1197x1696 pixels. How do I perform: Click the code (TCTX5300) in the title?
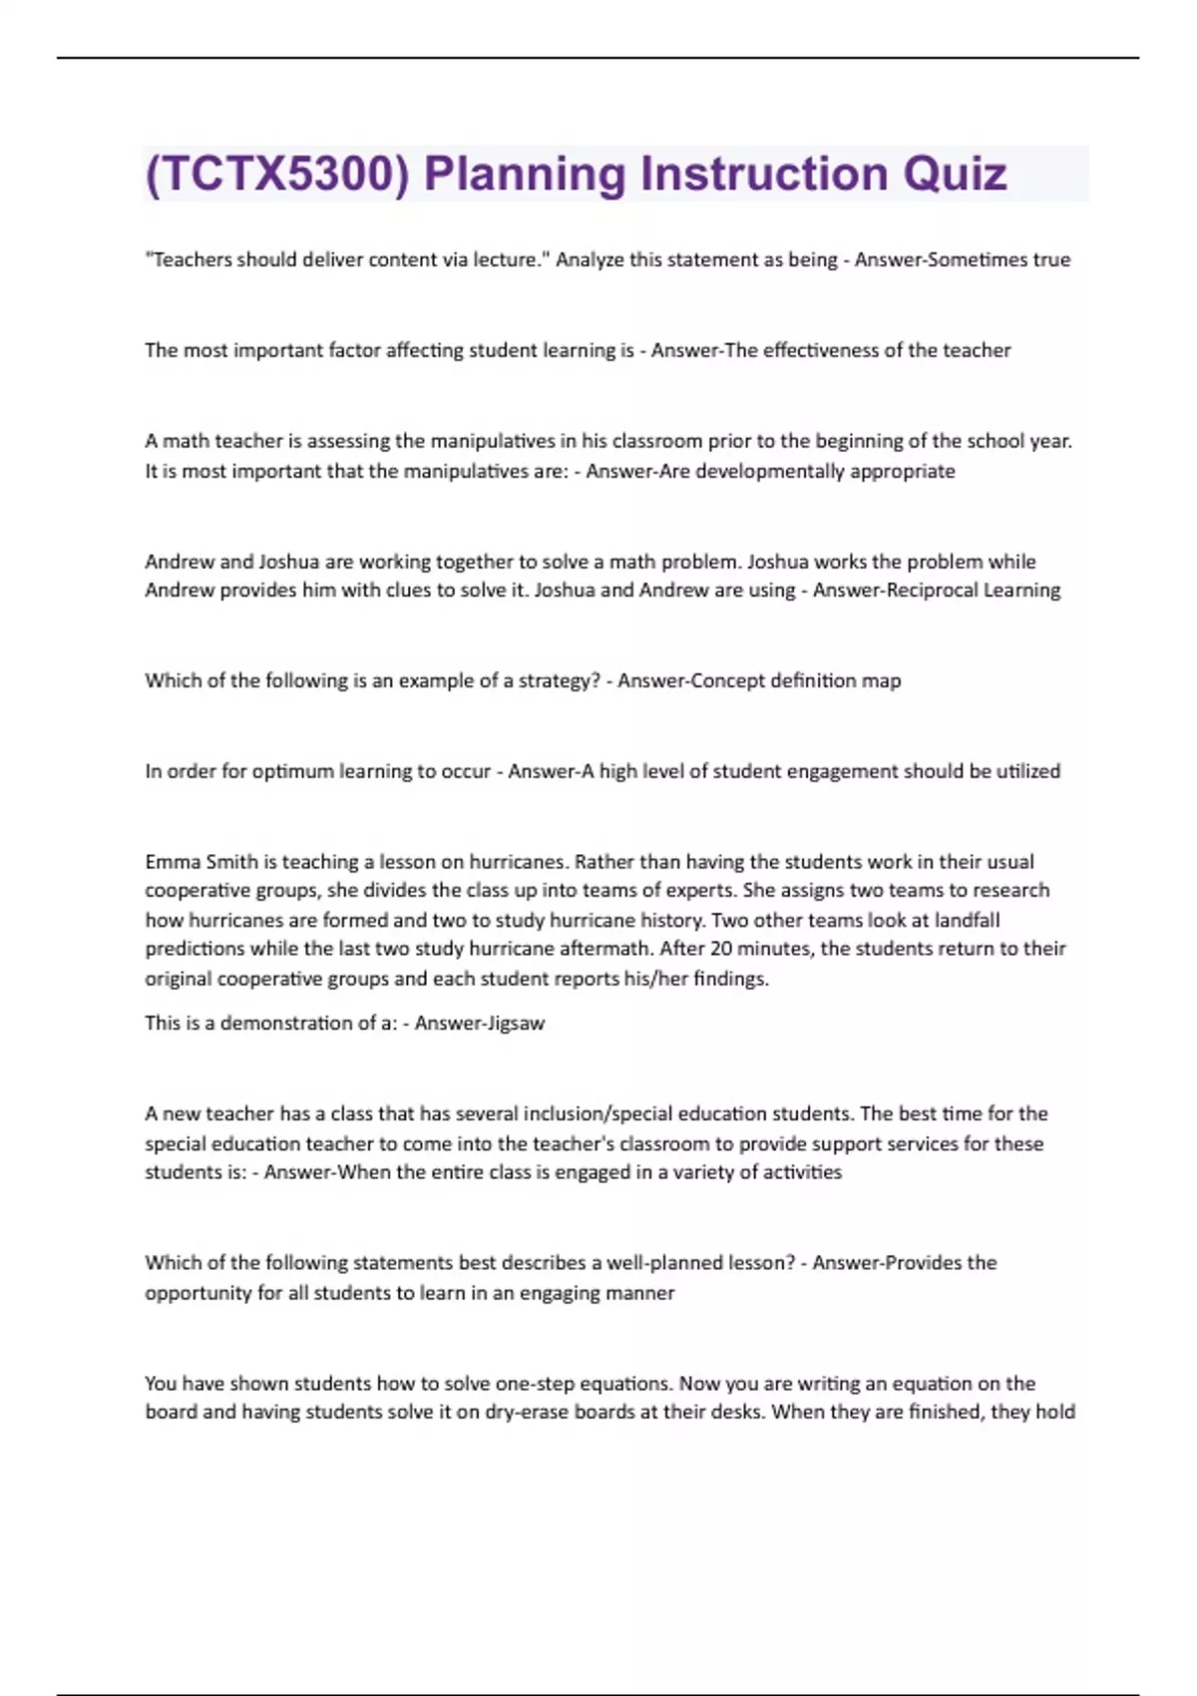click(x=276, y=174)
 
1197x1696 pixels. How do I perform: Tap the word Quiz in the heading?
click(x=955, y=174)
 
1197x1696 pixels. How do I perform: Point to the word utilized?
click(x=1027, y=771)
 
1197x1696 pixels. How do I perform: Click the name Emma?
click(x=173, y=861)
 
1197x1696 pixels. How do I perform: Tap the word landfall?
click(x=967, y=920)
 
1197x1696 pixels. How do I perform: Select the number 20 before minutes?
click(x=720, y=949)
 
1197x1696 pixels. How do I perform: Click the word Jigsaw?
click(x=511, y=1024)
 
